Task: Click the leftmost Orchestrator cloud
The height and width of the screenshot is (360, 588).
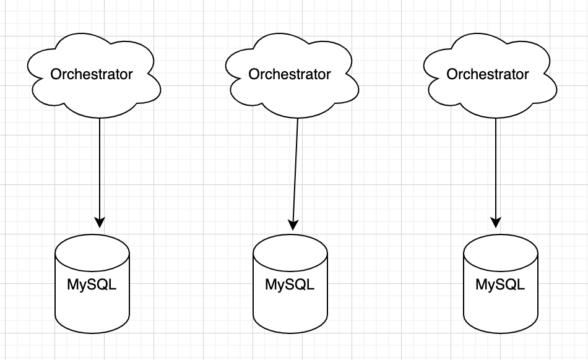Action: (93, 93)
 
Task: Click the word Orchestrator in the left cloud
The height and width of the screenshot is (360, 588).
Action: (92, 74)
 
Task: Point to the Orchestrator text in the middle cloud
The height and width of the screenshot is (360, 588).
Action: (290, 74)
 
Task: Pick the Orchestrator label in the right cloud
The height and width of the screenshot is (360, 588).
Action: (488, 74)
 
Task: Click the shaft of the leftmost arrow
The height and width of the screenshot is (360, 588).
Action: (99, 167)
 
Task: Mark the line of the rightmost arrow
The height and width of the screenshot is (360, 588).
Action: (495, 167)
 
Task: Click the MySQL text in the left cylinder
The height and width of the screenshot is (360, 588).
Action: (92, 286)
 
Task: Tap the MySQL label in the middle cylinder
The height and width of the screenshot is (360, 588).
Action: (290, 285)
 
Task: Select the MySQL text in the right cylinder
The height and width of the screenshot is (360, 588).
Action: (500, 285)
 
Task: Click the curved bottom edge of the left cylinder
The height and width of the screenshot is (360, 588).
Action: (92, 333)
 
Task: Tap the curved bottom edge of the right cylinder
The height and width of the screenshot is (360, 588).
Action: (501, 333)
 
